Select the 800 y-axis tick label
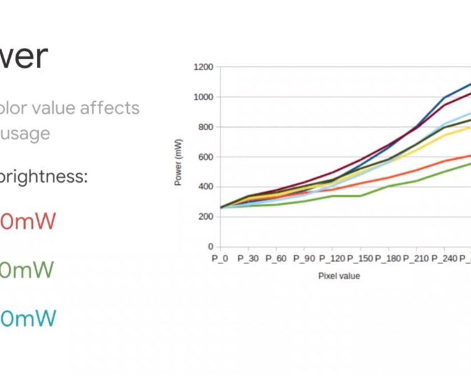click(x=205, y=127)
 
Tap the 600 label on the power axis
click(x=205, y=157)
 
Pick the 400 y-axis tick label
click(x=205, y=187)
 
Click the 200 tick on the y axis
click(x=205, y=217)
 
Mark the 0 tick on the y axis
click(x=210, y=247)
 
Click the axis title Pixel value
click(x=339, y=276)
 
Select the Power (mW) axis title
click(x=178, y=161)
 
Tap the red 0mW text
click(x=28, y=221)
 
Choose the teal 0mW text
click(x=28, y=319)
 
